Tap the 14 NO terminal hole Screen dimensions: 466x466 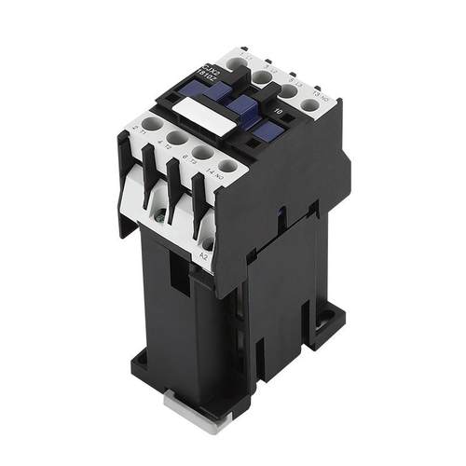226,168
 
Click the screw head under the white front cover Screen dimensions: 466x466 162,217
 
